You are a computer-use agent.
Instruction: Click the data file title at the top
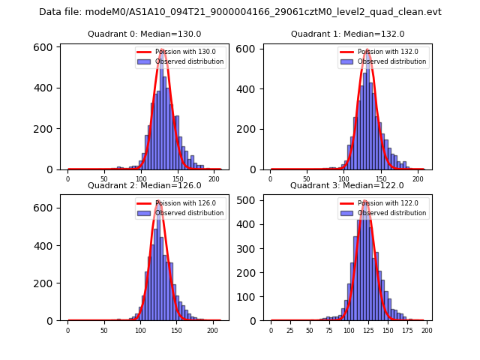tap(240, 12)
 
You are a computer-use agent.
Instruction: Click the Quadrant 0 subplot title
tap(145, 34)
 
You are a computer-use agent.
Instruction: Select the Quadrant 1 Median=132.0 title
tap(348, 34)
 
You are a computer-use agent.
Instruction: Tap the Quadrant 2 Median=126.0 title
tap(145, 185)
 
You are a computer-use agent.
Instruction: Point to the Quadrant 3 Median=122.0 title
tap(348, 185)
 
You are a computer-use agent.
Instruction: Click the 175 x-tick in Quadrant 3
tap(407, 330)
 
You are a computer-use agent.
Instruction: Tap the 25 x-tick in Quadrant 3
tap(290, 330)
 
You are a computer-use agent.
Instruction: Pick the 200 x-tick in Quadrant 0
tap(214, 178)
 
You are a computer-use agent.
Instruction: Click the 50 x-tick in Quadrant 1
tap(307, 178)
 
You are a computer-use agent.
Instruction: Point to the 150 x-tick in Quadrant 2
tap(176, 330)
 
